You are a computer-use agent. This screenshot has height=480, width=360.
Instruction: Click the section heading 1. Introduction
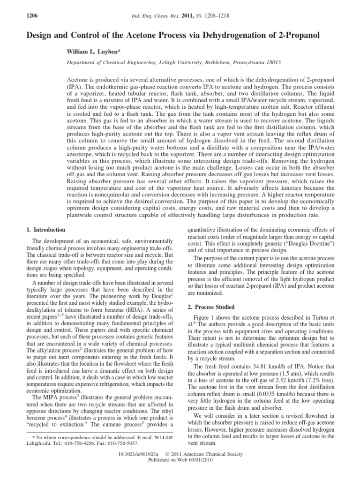pyautogui.click(x=45, y=230)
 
